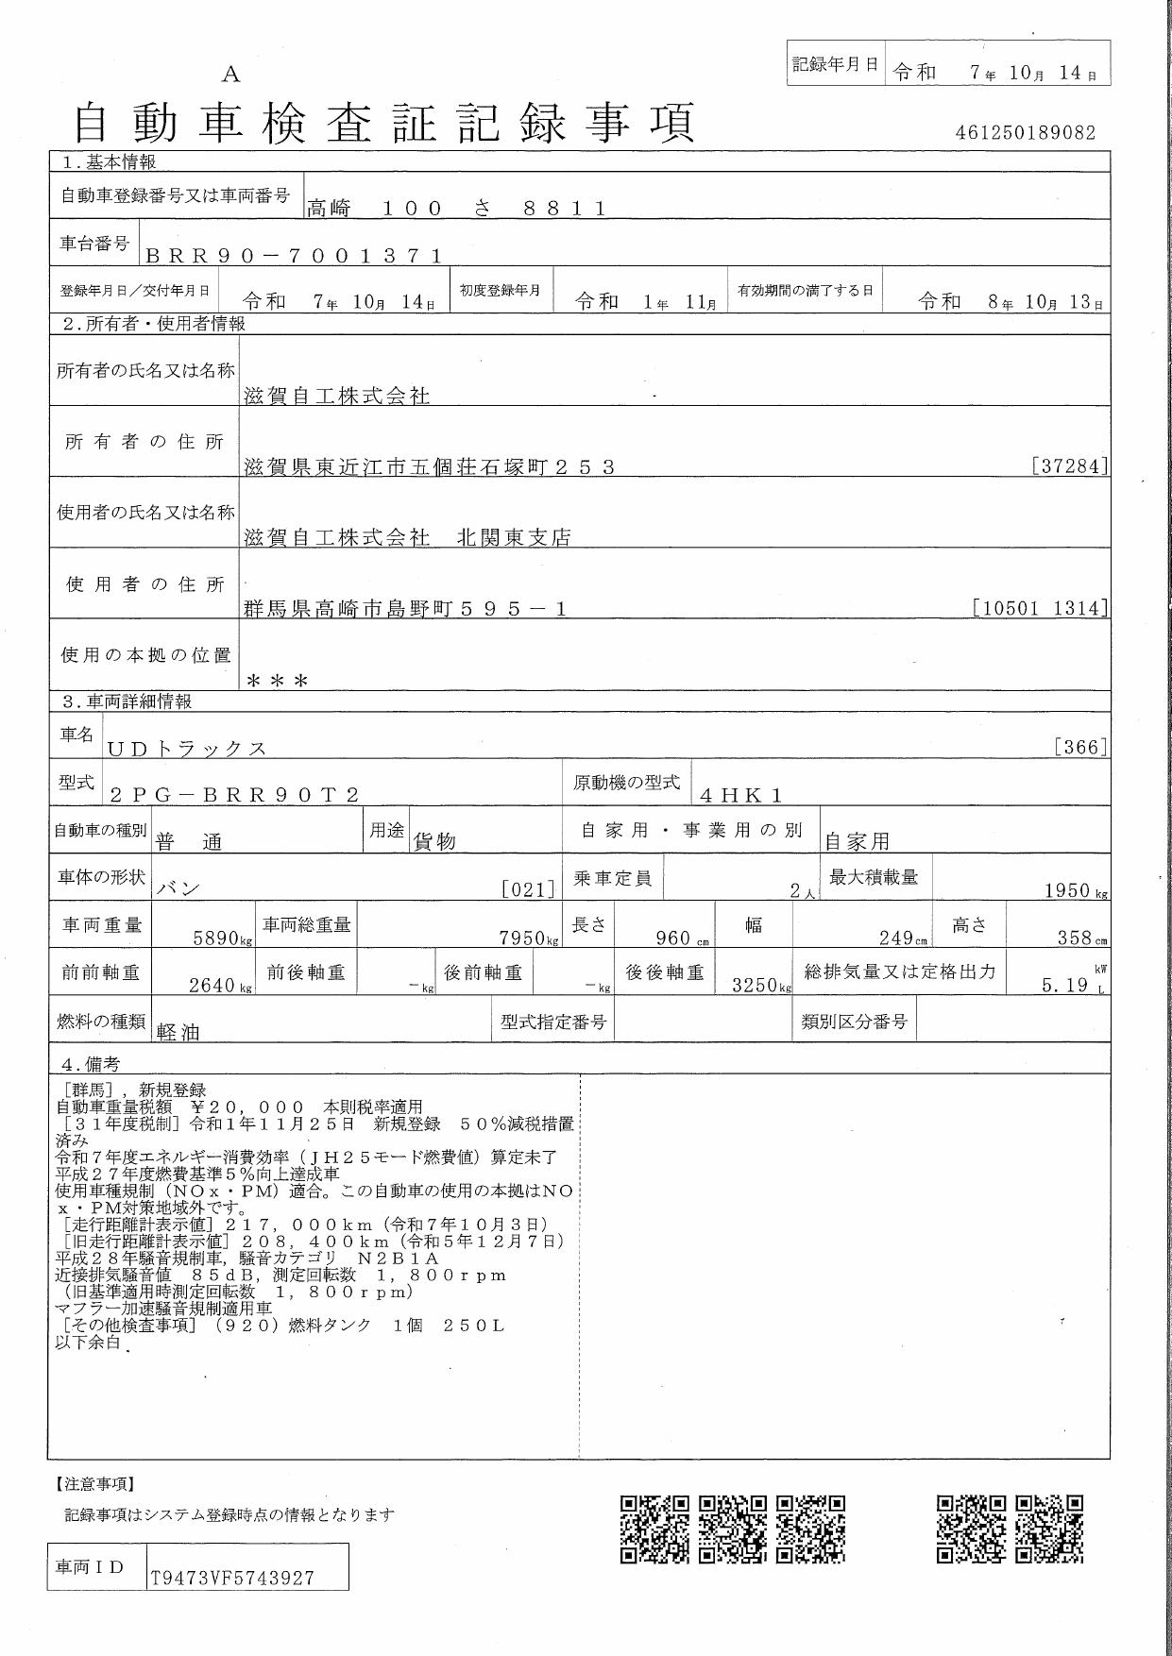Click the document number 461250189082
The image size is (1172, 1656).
[1026, 133]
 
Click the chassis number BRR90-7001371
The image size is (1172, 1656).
[294, 256]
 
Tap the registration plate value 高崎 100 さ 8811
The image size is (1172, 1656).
[456, 209]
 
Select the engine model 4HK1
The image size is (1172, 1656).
[741, 795]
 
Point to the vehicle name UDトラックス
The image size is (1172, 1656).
[187, 749]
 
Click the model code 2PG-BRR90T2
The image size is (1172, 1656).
[234, 795]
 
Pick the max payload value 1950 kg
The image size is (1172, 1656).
[1076, 890]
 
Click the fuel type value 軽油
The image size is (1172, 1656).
[178, 1032]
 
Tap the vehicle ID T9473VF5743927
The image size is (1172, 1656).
[232, 1578]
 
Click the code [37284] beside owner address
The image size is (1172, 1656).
[1069, 466]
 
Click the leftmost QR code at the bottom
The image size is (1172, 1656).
[654, 1529]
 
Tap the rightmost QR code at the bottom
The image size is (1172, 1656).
[1049, 1529]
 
